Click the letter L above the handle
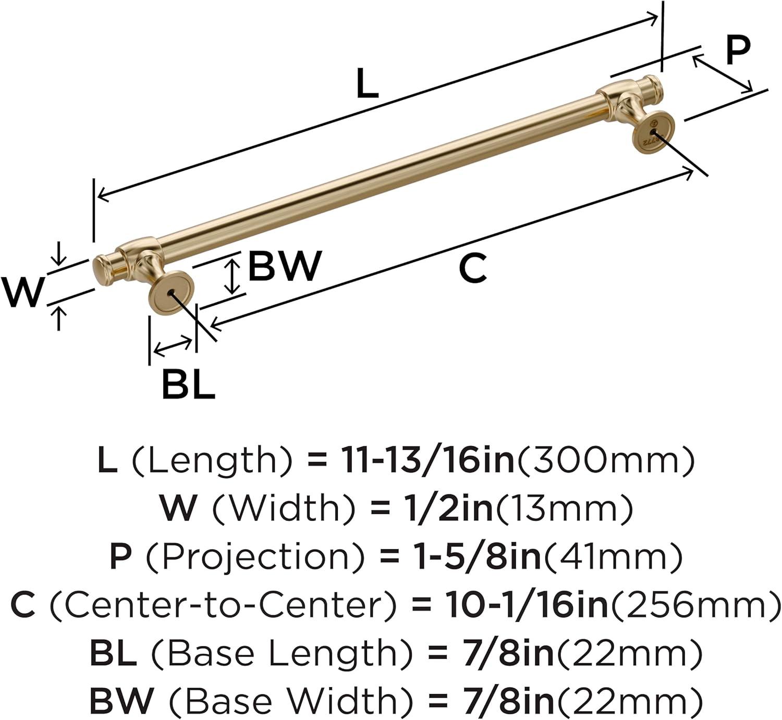[x=367, y=83]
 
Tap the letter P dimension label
[x=738, y=50]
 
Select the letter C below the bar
[x=472, y=268]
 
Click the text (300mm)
[x=605, y=461]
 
